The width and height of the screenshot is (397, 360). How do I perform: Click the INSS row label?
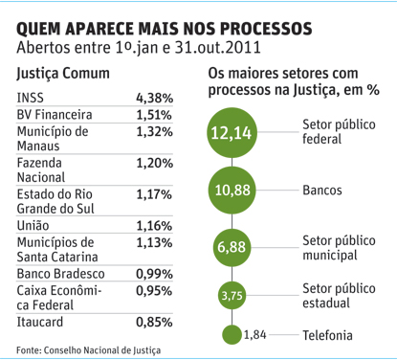coord(30,98)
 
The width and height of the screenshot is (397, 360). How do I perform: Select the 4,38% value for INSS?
coord(154,98)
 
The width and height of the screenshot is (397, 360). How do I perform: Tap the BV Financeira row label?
coord(55,115)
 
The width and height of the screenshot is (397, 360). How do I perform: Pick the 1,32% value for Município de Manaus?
coord(154,131)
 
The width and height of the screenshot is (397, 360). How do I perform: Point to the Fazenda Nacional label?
coord(41,169)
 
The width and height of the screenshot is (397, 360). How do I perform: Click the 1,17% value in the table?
coord(154,194)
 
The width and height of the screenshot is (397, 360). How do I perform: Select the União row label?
coord(33,225)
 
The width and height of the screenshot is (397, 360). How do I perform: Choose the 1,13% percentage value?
coord(154,242)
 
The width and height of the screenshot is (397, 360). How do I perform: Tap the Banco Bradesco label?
coord(60,274)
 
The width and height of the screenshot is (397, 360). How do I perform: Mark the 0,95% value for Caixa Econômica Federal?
coord(154,291)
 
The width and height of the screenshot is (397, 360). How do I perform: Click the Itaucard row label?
coord(40,322)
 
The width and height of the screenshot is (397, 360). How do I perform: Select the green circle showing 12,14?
coord(232,133)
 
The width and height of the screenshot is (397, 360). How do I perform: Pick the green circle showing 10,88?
coord(232,191)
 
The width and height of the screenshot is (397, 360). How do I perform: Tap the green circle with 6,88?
coord(232,247)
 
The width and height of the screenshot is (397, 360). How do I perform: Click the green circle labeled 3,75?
coord(232,296)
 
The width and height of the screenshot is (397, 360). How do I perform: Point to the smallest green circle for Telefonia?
coord(232,335)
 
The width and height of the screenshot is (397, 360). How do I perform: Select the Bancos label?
coord(322,191)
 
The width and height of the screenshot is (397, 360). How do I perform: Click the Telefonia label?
coord(327,335)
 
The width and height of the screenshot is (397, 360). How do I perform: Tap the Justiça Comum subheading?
coord(63,74)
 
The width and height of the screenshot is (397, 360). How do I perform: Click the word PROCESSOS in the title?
coord(266,29)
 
